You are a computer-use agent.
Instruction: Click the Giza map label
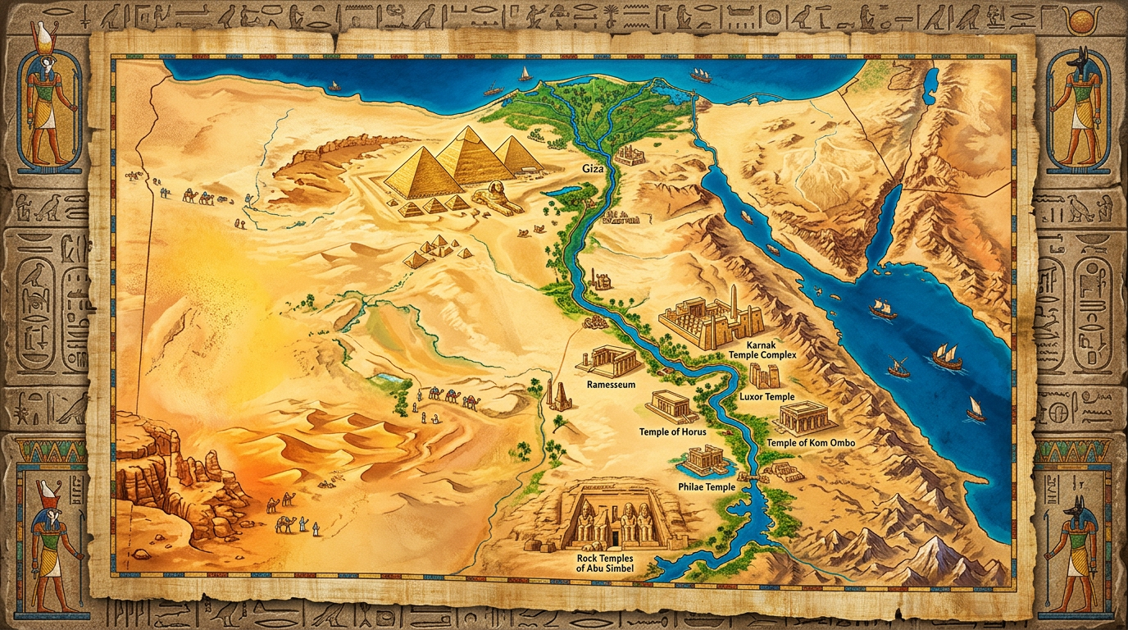pyautogui.click(x=592, y=168)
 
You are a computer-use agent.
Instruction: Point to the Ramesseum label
pyautogui.click(x=611, y=384)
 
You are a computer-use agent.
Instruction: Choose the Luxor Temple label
pyautogui.click(x=766, y=397)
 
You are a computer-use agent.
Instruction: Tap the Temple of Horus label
pyautogui.click(x=672, y=431)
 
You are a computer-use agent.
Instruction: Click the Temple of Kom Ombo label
pyautogui.click(x=810, y=443)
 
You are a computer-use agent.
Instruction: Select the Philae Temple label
pyautogui.click(x=707, y=487)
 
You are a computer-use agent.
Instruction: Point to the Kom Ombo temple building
pyautogui.click(x=805, y=418)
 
